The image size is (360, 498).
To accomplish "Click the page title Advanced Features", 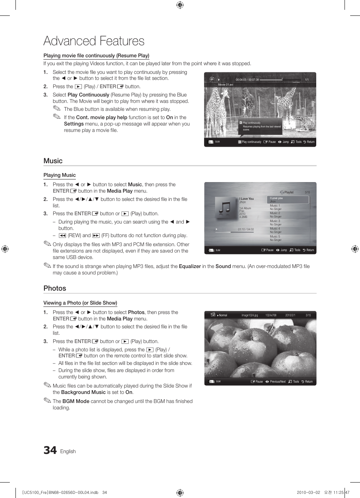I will tap(94, 41).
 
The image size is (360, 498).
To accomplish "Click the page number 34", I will tap(50, 450).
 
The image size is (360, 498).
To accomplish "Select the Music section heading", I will tap(53, 161).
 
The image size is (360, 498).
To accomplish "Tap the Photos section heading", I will tap(55, 288).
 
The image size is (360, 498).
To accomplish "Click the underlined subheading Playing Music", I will tap(60, 175).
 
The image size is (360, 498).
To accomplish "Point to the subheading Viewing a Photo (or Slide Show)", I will tap(80, 303).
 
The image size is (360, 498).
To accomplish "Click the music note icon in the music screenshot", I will tap(225, 208).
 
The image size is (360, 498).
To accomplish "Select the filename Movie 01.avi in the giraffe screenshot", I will tap(225, 85).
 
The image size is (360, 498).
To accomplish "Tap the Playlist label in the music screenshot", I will tap(289, 192).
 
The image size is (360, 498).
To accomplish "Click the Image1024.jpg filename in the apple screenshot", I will tap(249, 315).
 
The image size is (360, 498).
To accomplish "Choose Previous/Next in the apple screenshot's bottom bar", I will tap(277, 382).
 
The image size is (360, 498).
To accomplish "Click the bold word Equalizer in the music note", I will tap(190, 266).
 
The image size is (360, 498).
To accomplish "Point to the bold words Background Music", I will tap(83, 392).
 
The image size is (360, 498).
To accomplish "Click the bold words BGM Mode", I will tap(76, 401).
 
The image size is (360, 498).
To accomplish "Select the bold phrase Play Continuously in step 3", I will tap(88, 95).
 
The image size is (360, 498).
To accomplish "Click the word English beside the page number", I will tap(68, 451).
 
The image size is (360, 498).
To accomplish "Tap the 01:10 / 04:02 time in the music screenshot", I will tap(246, 229).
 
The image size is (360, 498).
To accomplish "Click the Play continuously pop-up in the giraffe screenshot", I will tap(260, 126).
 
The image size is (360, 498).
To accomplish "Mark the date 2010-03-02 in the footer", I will tap(308, 492).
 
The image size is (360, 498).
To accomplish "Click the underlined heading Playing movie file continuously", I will tap(96, 55).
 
